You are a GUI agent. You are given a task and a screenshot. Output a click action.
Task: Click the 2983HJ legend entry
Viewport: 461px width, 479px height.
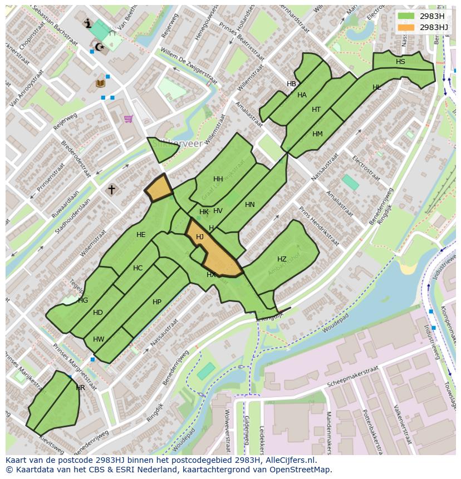click(423, 27)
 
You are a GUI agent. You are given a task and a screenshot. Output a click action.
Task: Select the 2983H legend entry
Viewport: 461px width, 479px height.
click(423, 16)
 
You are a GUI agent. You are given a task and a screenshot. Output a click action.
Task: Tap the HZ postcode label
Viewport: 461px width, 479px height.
click(282, 259)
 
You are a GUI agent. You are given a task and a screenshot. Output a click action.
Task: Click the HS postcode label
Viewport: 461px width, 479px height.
click(400, 62)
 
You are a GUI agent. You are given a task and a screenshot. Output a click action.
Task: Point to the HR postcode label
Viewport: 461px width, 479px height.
click(81, 388)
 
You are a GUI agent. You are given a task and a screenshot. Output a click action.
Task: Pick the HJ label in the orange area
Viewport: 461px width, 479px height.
click(200, 237)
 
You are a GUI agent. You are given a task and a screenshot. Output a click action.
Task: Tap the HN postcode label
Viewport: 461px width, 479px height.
click(250, 205)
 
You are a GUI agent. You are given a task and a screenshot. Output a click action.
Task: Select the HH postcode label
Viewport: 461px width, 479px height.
click(218, 179)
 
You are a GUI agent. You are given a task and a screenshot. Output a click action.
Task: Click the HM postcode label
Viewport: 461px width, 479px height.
click(317, 134)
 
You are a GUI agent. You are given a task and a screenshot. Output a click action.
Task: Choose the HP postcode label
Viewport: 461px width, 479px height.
click(157, 302)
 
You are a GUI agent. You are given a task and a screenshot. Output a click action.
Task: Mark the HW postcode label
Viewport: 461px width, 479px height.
click(99, 339)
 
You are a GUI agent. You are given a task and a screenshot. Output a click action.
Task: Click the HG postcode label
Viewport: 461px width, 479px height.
click(83, 300)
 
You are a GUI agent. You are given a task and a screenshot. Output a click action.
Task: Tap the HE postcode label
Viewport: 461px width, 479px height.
click(141, 235)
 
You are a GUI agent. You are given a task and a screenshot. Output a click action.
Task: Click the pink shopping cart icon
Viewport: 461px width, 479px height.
click(129, 118)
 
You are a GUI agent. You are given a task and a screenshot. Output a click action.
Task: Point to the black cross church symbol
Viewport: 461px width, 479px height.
click(111, 190)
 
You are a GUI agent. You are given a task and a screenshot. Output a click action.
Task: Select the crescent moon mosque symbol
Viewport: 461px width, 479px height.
click(100, 47)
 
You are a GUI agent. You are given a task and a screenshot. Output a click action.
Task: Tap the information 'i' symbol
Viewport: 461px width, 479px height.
click(87, 23)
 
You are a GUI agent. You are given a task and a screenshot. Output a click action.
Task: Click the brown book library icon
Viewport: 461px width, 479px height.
click(100, 83)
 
